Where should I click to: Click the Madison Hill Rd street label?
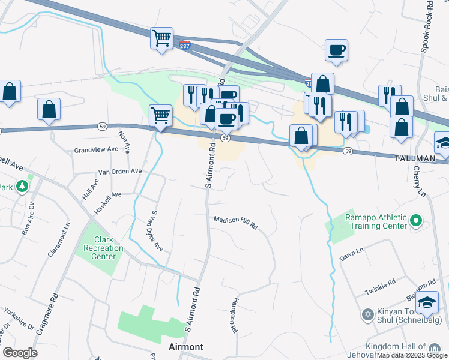[x=236, y=221]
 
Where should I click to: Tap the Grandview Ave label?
[x=96, y=149]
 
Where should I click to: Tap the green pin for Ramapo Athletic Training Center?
[x=415, y=222]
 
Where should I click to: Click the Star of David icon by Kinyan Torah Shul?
[x=367, y=313]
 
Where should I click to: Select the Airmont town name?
[x=186, y=347]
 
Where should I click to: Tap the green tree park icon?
[x=23, y=187]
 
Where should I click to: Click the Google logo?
[x=20, y=353]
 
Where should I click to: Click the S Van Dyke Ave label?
[x=157, y=230]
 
